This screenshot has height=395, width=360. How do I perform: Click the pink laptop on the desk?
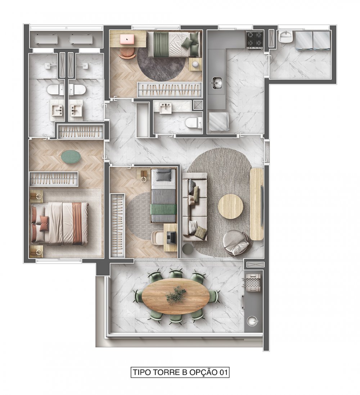point(127,40)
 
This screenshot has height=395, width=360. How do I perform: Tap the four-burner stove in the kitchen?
point(255,40)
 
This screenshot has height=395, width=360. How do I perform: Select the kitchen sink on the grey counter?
point(217,83)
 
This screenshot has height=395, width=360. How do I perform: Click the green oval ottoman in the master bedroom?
point(71,157)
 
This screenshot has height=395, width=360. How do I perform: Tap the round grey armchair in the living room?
point(237,243)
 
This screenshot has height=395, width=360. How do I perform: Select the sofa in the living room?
point(195,206)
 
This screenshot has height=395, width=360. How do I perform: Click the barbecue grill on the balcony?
point(253,283)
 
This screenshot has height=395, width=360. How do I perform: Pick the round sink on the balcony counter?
point(252,321)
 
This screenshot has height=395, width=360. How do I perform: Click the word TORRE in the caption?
point(164,372)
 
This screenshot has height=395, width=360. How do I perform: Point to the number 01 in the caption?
point(223,372)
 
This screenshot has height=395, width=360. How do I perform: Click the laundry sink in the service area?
point(285,37)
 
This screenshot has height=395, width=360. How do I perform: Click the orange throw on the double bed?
point(77,224)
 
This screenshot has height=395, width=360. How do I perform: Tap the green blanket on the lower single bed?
point(163,209)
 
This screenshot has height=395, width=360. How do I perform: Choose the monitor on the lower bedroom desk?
point(172,237)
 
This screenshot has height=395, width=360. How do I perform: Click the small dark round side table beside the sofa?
point(187,249)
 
